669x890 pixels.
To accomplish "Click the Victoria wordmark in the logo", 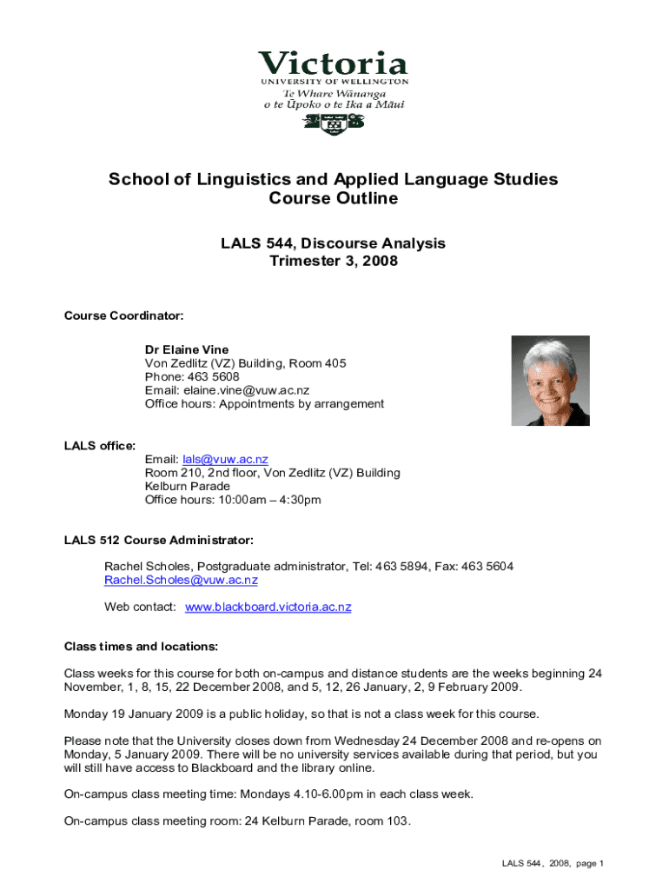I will [333, 64].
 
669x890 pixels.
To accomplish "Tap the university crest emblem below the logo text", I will [334, 123].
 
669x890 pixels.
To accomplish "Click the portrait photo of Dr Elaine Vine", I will [550, 381].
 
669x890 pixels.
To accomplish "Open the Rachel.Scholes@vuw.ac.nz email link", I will [181, 580].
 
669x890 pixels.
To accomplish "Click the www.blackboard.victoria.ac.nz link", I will [268, 607].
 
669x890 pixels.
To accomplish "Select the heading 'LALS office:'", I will [100, 446].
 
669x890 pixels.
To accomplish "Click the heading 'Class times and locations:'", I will [141, 647].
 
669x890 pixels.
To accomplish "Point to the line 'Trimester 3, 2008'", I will [333, 261].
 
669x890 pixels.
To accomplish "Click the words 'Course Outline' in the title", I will [333, 199].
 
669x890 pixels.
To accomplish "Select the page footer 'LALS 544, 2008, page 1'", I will [552, 863].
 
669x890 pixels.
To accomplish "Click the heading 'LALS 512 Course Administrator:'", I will [159, 541].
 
